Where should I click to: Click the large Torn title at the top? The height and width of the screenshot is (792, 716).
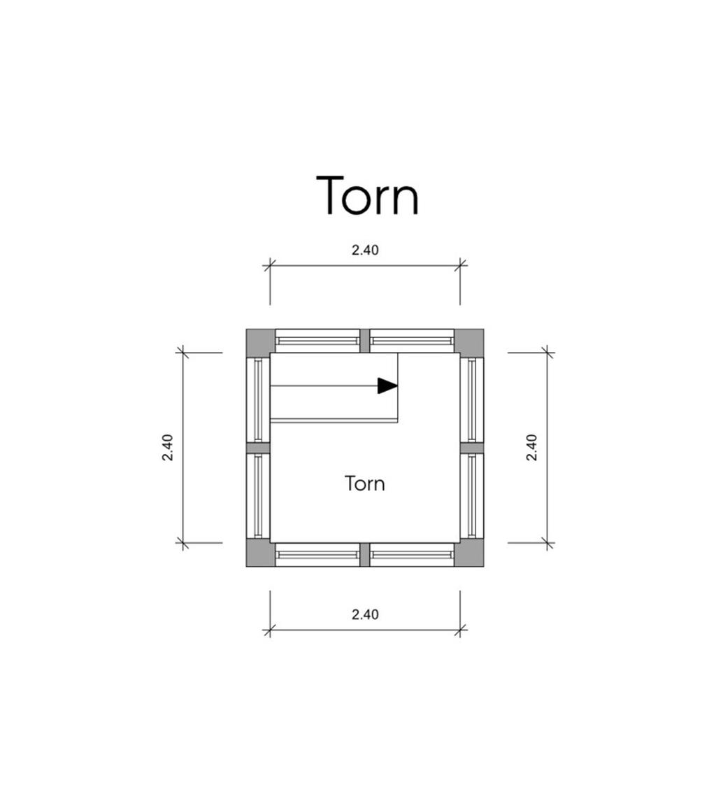[368, 195]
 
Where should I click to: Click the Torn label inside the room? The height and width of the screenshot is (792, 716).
[365, 483]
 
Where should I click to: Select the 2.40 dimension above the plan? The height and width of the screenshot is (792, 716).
[365, 250]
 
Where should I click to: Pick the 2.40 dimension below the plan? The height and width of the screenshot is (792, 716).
[365, 614]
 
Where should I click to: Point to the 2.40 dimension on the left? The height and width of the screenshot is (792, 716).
[168, 448]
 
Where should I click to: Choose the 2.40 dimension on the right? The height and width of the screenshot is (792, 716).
[531, 448]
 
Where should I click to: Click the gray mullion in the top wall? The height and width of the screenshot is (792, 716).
[365, 341]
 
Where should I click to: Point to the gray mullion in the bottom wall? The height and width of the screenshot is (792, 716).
[365, 555]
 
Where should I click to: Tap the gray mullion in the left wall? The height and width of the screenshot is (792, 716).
[258, 448]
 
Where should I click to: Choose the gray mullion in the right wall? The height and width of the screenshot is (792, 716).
[472, 448]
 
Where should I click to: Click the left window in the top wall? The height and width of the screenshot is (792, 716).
[317, 341]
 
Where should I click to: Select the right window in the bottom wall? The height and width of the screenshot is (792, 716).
[412, 555]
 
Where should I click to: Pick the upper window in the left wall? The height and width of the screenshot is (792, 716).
[258, 400]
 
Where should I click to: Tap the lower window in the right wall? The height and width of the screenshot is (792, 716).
[472, 495]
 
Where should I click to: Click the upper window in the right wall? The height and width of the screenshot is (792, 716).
[472, 400]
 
